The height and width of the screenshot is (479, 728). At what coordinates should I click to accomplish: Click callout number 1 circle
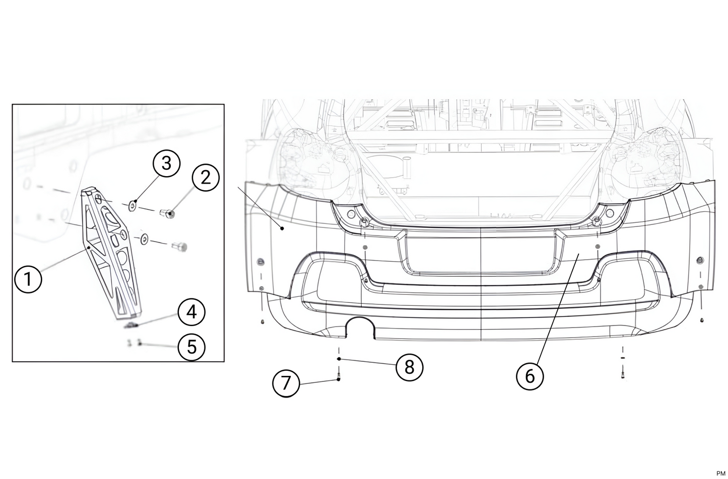(28, 278)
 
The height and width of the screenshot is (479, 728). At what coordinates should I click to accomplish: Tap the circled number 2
(205, 178)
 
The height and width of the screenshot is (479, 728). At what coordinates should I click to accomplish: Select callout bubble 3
(166, 164)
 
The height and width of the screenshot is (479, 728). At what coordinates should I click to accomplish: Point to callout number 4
(191, 312)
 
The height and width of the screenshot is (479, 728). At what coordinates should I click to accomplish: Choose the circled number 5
(191, 347)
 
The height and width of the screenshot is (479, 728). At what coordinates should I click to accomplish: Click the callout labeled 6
(530, 375)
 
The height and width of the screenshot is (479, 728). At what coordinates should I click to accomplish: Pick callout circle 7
(286, 383)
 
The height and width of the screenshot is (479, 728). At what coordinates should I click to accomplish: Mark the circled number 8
(409, 367)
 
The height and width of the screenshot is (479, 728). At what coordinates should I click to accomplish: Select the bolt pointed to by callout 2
(167, 213)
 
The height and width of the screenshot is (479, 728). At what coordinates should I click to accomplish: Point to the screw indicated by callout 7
(339, 374)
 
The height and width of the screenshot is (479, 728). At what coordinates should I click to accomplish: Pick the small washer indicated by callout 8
(339, 359)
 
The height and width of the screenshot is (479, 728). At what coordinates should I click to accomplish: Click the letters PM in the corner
(720, 473)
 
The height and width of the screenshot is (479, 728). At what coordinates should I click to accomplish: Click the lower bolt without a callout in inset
(180, 247)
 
